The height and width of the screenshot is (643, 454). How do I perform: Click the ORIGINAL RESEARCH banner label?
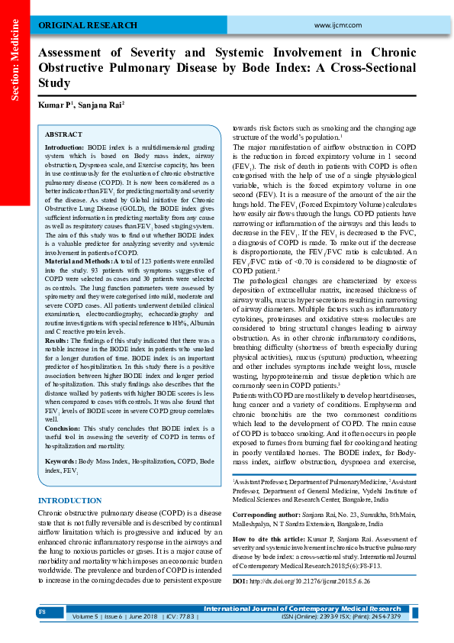point(78,25)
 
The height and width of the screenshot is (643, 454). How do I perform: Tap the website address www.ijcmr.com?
point(336,25)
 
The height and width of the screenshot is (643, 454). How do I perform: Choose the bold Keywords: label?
point(60,463)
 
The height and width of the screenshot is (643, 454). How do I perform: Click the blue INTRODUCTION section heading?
point(69,501)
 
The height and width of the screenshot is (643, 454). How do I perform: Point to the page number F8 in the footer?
point(43,612)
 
